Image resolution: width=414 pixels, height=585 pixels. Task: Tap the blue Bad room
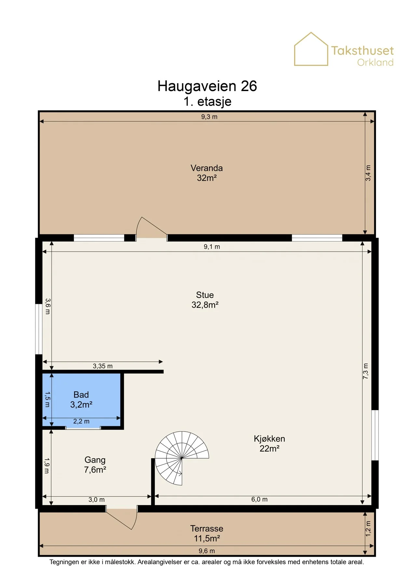coord(81,400)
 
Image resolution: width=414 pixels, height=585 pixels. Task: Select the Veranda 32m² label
coord(207,173)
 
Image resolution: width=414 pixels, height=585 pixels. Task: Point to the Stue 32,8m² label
coord(205,300)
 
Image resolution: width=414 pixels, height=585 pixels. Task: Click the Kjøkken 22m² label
coord(269,443)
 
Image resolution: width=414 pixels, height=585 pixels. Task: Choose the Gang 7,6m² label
coord(95,464)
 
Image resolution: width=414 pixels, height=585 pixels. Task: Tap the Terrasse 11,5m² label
coord(207,533)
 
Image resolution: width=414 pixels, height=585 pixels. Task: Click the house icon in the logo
coord(311,49)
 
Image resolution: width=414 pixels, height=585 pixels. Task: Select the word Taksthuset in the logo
coord(362,51)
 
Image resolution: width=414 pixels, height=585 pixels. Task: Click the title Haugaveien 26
coord(207,86)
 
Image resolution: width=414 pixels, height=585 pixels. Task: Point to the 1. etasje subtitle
coord(207,101)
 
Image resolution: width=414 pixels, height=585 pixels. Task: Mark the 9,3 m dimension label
coord(209,117)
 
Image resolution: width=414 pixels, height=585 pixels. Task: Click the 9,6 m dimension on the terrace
coord(207,551)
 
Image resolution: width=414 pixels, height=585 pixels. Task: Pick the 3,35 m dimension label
coord(103,366)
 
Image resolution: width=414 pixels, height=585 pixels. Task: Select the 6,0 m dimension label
coord(259,499)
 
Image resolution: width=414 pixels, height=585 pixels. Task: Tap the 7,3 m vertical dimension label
coord(366,371)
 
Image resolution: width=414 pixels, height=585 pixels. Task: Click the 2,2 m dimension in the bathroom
coord(81,421)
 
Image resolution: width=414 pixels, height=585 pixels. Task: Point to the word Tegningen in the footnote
coord(63,562)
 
